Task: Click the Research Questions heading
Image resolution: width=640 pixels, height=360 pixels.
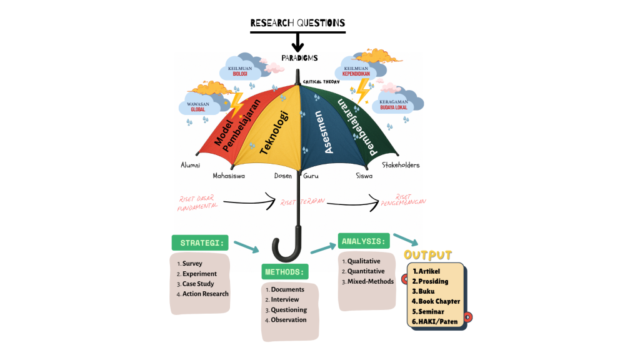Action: pos(297,23)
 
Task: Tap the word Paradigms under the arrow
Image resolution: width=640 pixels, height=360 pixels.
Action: pos(299,57)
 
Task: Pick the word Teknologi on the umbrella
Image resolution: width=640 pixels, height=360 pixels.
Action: pos(274,132)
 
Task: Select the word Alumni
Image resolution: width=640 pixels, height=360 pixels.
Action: pos(190,165)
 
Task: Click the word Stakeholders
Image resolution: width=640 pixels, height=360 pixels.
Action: pos(401,165)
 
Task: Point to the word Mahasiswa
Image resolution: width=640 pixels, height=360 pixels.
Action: pos(229,176)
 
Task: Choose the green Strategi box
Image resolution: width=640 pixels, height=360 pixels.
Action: pos(200,242)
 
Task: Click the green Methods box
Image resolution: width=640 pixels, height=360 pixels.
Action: pos(284,272)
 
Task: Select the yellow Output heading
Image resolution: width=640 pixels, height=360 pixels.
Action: pos(427,255)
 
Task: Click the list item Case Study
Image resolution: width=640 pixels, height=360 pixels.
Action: pos(198,284)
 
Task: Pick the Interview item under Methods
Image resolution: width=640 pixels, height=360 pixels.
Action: pos(285,299)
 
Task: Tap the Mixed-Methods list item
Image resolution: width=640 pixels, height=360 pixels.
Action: pos(371,281)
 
